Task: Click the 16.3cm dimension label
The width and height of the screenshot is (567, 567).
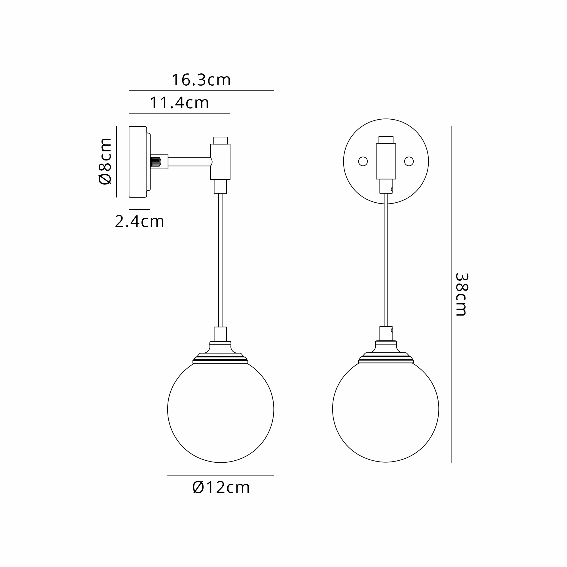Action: pyautogui.click(x=201, y=80)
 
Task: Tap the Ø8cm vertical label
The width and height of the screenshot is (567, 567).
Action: pyautogui.click(x=105, y=161)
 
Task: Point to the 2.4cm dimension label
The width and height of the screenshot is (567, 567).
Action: pyautogui.click(x=139, y=221)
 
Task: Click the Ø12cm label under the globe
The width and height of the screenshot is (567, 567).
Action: pyautogui.click(x=221, y=487)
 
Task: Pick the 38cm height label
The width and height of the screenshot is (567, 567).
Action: pyautogui.click(x=461, y=294)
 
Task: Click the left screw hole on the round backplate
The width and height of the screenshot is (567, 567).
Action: pyautogui.click(x=363, y=161)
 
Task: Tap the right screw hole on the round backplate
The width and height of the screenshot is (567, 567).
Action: pyautogui.click(x=409, y=161)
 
